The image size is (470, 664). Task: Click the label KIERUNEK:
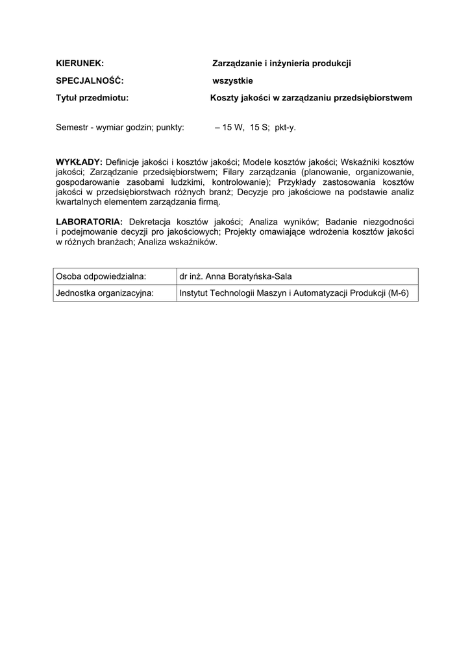(80, 64)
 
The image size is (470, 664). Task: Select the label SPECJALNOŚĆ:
(90, 81)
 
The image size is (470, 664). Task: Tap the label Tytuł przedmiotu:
(92, 99)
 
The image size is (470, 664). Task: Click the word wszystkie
(233, 81)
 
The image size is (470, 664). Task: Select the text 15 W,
(234, 128)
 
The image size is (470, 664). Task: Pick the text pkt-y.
(285, 128)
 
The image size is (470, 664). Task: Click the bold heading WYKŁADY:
(79, 161)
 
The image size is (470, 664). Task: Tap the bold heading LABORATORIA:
(90, 221)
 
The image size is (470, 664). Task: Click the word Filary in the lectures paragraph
(234, 172)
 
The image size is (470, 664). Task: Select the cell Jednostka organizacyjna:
(105, 293)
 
